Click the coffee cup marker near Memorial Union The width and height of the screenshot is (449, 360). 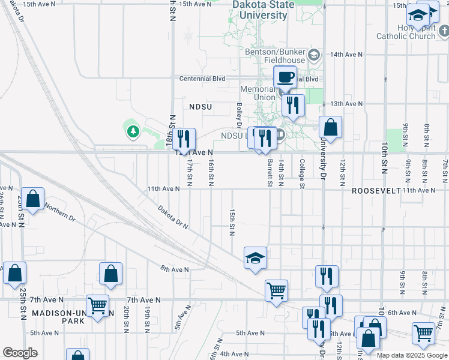coord(286,77)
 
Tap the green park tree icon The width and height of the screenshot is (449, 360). coord(132,130)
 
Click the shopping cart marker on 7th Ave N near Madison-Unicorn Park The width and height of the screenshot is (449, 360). coord(97,305)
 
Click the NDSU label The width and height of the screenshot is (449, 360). coord(200,106)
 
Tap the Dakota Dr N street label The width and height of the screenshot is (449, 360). coord(173,218)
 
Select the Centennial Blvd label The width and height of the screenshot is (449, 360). coord(202,79)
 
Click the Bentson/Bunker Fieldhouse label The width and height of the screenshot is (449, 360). coord(275,56)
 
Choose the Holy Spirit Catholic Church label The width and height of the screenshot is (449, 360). coord(406,32)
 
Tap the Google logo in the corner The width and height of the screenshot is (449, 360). coord(20,353)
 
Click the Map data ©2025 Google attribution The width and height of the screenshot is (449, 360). coord(412,355)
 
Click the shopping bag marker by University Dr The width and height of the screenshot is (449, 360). coord(330,127)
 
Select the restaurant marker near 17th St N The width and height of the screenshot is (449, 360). coord(184,139)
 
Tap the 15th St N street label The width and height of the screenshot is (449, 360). coord(232,222)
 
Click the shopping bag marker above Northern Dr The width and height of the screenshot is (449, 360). coord(34,200)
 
